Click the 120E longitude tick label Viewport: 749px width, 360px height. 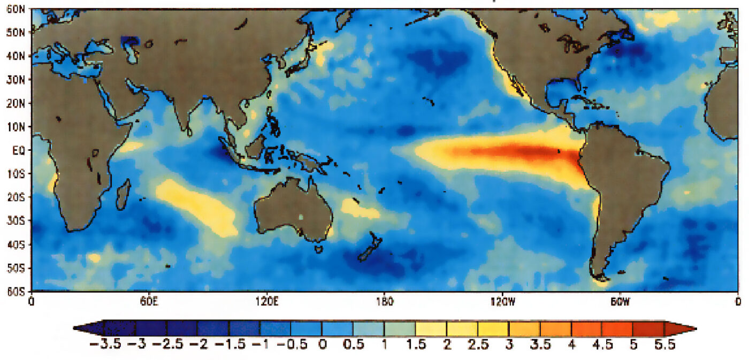click(266, 302)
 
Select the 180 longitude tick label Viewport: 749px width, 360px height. click(385, 302)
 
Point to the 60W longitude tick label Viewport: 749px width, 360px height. click(620, 302)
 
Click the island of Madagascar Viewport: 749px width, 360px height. click(124, 194)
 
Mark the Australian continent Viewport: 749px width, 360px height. click(293, 209)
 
